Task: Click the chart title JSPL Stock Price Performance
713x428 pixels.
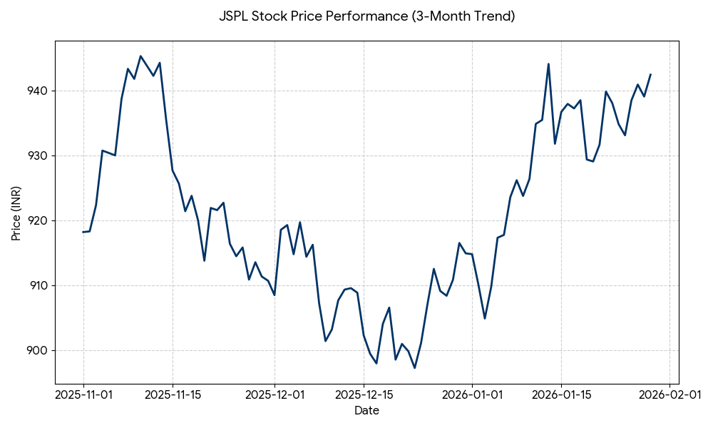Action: coord(366,16)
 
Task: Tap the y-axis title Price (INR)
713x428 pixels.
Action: coord(16,213)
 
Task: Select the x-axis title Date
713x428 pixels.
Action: coord(366,411)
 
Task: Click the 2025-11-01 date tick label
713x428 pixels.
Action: coord(83,394)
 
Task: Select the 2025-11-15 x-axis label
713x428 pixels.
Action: coord(173,394)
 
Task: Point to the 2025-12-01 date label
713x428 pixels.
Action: coord(275,394)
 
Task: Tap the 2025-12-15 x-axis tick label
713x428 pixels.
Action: coord(364,394)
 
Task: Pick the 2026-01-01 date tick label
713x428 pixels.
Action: coord(472,394)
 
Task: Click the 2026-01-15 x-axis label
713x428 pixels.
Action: coord(561,394)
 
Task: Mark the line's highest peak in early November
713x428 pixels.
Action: coord(140,56)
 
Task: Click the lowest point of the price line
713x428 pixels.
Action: coord(415,367)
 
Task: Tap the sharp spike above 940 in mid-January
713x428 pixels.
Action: coord(548,64)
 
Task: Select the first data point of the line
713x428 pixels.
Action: coord(83,232)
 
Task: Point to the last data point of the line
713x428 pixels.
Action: coord(650,74)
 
